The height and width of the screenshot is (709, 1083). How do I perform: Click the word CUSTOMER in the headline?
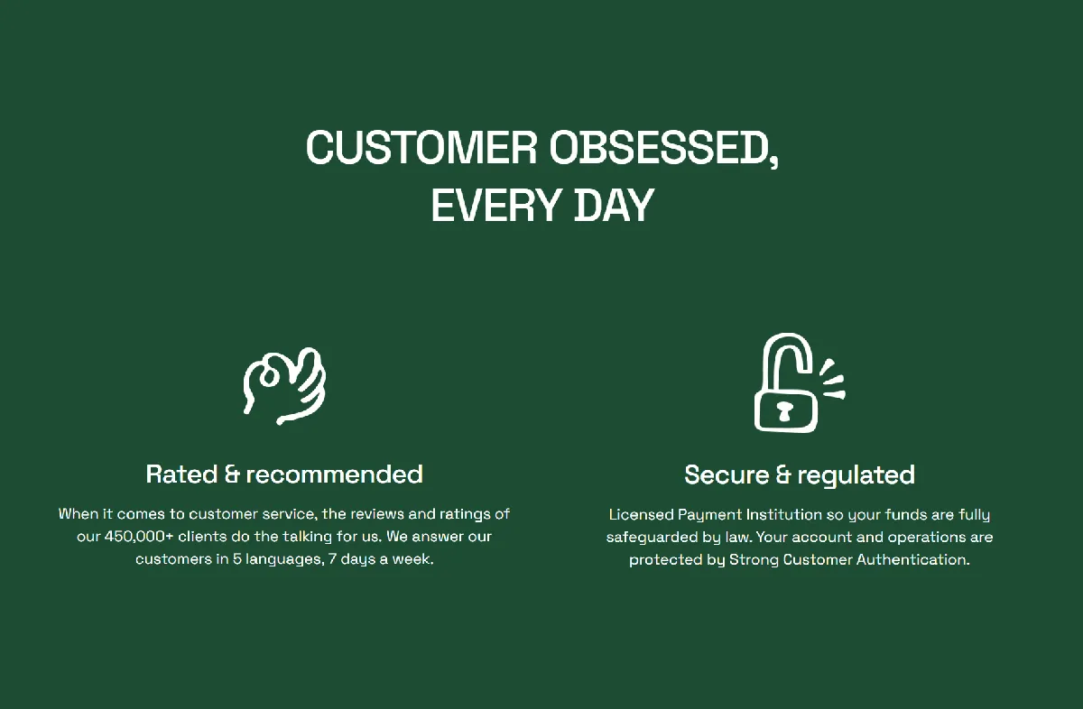pyautogui.click(x=421, y=147)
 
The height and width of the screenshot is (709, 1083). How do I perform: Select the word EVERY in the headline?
pyautogui.click(x=496, y=206)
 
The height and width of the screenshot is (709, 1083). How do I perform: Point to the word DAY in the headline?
pyautogui.click(x=614, y=206)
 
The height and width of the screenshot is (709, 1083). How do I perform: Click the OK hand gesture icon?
pyautogui.click(x=284, y=386)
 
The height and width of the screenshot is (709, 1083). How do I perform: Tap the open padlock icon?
pyautogui.click(x=800, y=382)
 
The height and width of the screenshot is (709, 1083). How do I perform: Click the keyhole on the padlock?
pyautogui.click(x=784, y=410)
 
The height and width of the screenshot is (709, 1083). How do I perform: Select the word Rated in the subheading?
pyautogui.click(x=181, y=474)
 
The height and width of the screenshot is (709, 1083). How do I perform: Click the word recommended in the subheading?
pyautogui.click(x=335, y=474)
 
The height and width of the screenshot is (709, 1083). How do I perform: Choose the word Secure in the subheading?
pyautogui.click(x=727, y=474)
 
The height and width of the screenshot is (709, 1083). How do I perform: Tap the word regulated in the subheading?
pyautogui.click(x=856, y=475)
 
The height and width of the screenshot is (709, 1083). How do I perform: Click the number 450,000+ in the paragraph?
pyautogui.click(x=139, y=537)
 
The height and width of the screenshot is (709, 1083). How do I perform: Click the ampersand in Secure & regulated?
pyautogui.click(x=783, y=474)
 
